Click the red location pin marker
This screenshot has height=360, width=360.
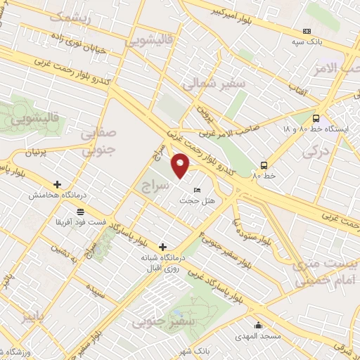tap(181, 166)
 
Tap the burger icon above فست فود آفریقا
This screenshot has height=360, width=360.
tap(81, 211)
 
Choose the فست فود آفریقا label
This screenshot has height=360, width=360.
tap(79, 222)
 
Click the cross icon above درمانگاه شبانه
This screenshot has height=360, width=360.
tap(163, 247)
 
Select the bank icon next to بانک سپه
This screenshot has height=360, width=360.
tap(307, 31)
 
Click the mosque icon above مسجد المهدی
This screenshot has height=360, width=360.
tap(259, 325)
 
